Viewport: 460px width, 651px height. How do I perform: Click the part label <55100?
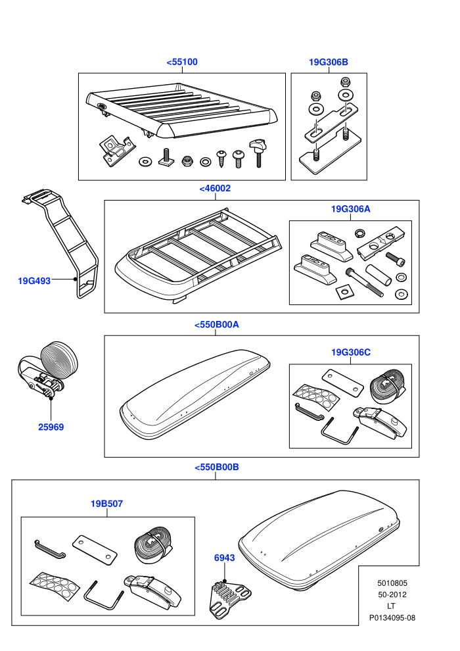181,62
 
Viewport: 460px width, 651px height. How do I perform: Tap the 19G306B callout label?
328,62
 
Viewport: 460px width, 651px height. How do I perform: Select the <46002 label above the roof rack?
215,189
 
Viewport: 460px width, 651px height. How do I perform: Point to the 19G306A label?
350,209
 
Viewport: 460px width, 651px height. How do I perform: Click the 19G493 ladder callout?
34,281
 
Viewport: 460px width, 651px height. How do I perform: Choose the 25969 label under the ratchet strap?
51,427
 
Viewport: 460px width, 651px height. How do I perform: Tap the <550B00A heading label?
216,325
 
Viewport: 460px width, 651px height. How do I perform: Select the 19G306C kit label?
350,352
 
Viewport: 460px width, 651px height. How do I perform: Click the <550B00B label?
216,467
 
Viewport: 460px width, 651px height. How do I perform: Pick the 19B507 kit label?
106,504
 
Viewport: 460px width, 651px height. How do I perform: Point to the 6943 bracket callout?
224,558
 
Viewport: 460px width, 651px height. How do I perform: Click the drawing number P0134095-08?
392,617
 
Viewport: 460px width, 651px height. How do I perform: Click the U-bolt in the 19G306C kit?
339,430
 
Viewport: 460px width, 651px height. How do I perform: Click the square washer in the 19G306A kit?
343,292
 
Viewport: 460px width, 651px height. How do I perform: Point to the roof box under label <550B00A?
195,395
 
